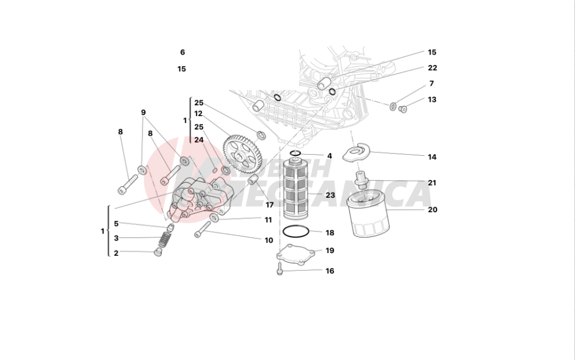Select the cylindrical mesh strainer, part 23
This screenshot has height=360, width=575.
click(297, 190)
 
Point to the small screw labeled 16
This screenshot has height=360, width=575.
click(280, 268)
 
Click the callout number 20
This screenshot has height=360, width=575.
click(432, 210)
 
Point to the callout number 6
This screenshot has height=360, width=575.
click(182, 52)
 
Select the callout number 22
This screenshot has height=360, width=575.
click(432, 68)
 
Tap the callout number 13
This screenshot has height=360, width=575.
click(432, 99)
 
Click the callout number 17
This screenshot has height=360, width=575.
click(269, 205)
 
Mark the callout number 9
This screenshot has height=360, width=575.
click(143, 112)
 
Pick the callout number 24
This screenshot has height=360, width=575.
click(198, 139)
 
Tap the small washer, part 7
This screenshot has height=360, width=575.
click(393, 106)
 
